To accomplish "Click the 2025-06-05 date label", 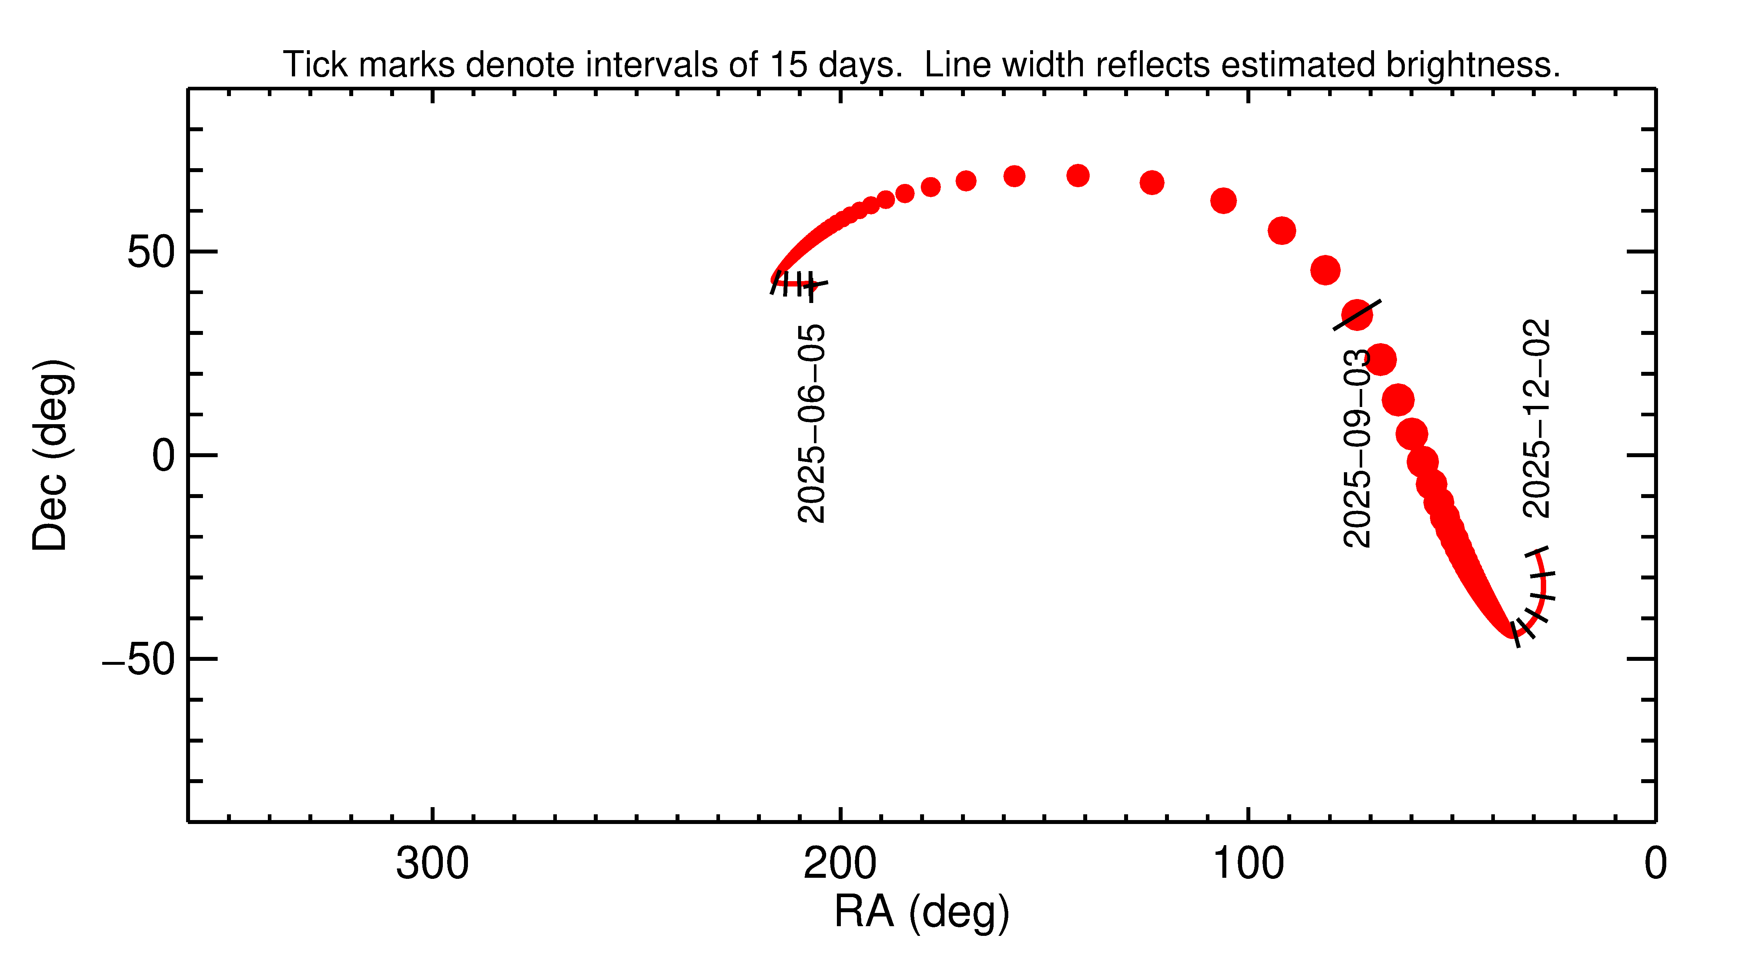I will click(x=811, y=424).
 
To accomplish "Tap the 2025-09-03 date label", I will click(x=1357, y=448).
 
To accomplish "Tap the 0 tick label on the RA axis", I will click(x=1655, y=864).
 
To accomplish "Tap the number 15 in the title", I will click(x=788, y=65).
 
